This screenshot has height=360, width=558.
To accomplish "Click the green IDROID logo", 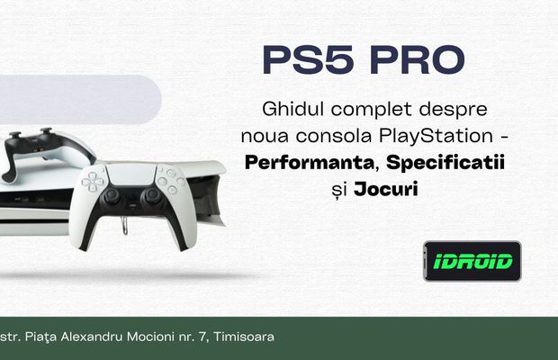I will [x=472, y=261].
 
